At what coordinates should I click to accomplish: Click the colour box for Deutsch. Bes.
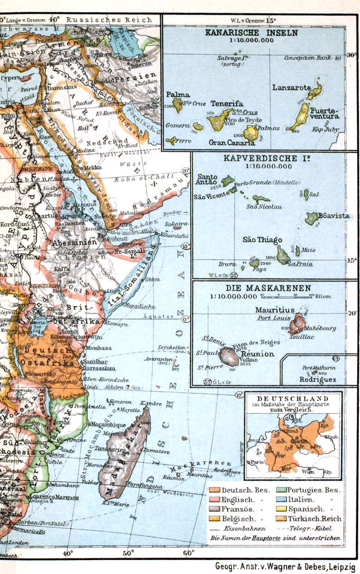point(214,490)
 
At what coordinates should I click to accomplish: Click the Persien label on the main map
point(135,76)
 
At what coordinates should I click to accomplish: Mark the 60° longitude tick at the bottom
point(189,553)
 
